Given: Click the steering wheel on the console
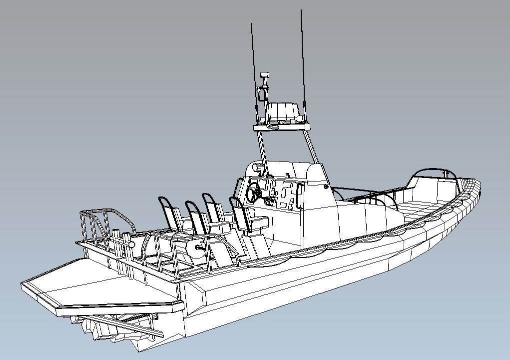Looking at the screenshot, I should point(254,192).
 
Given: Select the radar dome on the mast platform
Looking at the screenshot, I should point(284,112).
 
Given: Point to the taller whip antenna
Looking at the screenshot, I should point(302,60).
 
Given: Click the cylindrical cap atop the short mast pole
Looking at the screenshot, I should point(265,75).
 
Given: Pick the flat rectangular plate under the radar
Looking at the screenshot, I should point(282,126).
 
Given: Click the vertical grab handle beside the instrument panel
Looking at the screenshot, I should point(300,195).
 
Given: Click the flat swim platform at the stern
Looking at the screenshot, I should point(95,285).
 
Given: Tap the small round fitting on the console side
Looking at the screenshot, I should point(326,187).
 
